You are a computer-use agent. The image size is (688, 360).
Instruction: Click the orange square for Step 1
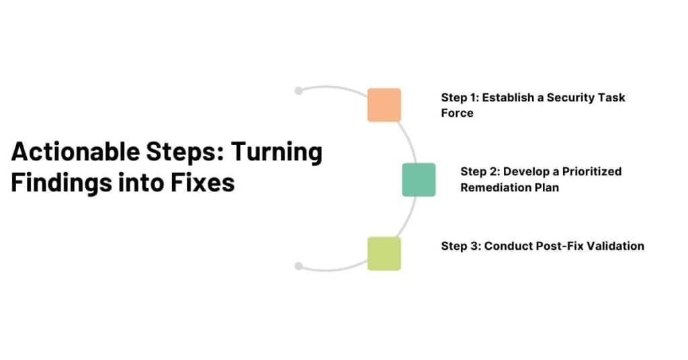point(384,105)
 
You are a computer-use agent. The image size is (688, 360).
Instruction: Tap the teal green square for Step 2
point(419,179)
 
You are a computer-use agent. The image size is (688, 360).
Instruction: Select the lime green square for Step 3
point(384,253)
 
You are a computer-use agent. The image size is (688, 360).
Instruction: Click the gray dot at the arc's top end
point(299,91)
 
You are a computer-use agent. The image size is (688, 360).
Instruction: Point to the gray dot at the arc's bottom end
point(299,266)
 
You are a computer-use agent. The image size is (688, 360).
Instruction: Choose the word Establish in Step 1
point(509,97)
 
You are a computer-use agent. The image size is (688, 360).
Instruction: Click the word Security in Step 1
point(571,97)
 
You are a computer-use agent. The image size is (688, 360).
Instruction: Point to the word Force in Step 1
point(457,113)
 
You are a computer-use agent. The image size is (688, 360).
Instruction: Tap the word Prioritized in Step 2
point(592,171)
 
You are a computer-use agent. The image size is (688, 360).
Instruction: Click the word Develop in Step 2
point(524,171)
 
